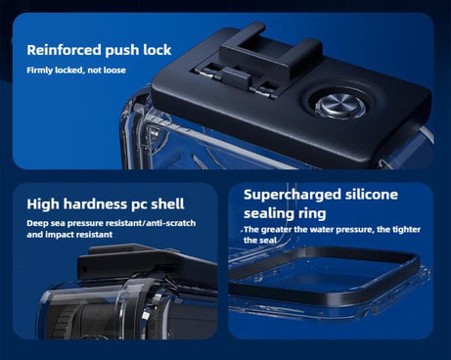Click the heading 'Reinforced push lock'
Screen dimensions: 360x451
pyautogui.click(x=99, y=50)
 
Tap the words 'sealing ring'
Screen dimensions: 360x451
pyautogui.click(x=287, y=213)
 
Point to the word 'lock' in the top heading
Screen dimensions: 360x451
pyautogui.click(x=157, y=50)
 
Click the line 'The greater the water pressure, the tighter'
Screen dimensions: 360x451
pyautogui.click(x=331, y=230)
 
